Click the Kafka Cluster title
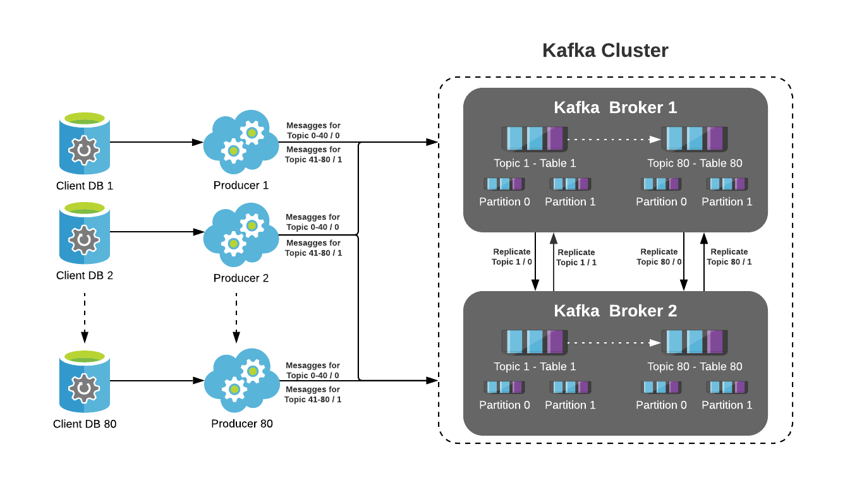click(605, 51)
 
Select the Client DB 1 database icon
click(84, 144)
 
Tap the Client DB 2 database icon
click(84, 234)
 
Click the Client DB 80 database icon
click(84, 382)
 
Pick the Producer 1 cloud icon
click(241, 143)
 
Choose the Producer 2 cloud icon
click(241, 234)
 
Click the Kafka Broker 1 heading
click(615, 107)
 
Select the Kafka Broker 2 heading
click(615, 311)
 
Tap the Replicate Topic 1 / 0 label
click(512, 257)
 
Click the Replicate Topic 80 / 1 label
click(729, 257)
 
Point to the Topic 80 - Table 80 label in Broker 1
click(695, 164)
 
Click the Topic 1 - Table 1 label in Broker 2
click(535, 367)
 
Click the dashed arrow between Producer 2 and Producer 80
click(236, 317)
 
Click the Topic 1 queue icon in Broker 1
click(535, 139)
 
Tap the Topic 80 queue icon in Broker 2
click(695, 342)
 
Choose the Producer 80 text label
click(242, 424)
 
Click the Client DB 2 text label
click(85, 276)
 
